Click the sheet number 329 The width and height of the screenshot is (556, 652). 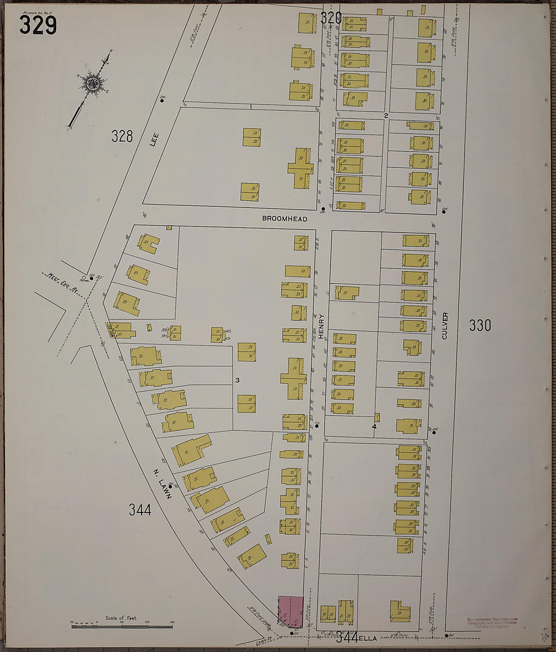[38, 25]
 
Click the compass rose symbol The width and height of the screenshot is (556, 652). [92, 82]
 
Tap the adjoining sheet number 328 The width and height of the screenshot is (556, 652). [122, 136]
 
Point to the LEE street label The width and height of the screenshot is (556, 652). [155, 140]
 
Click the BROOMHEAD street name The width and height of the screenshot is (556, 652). [277, 219]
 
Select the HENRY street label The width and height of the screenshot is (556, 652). [321, 327]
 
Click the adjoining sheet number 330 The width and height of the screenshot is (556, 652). [480, 325]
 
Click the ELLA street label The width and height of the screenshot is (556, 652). [369, 638]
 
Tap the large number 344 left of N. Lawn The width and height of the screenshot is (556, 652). [140, 510]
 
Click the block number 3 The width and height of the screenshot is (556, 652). [236, 380]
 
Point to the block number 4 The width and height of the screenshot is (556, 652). [374, 426]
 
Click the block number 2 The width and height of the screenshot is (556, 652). [386, 116]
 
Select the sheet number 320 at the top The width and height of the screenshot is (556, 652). [331, 18]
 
